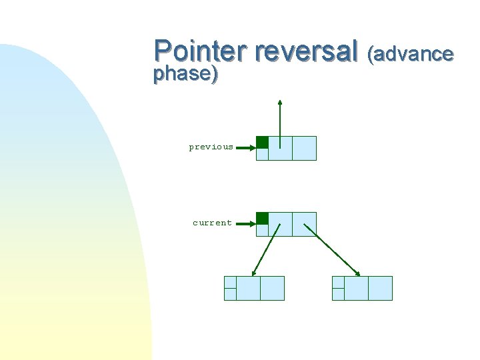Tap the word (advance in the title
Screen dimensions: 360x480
tap(410, 53)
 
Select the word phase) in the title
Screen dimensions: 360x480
tap(185, 73)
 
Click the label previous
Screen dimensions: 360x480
tap(211, 147)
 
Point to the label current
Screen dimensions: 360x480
tap(212, 223)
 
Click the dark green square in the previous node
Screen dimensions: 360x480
tap(262, 142)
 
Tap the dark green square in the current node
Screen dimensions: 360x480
tap(262, 218)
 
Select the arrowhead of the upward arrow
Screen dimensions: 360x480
tap(280, 103)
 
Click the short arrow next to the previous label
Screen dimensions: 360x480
tap(245, 148)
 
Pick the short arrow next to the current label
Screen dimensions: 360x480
tap(245, 224)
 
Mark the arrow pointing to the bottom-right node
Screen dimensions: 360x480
tap(332, 249)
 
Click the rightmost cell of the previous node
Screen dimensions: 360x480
tap(304, 148)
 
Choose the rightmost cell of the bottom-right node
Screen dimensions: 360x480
tap(380, 288)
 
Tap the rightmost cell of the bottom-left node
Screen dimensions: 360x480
tap(272, 288)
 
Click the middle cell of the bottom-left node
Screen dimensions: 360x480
tap(248, 288)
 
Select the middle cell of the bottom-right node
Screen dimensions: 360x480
tap(356, 288)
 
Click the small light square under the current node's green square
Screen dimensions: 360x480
tap(262, 230)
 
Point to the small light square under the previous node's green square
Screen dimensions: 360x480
tap(262, 154)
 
